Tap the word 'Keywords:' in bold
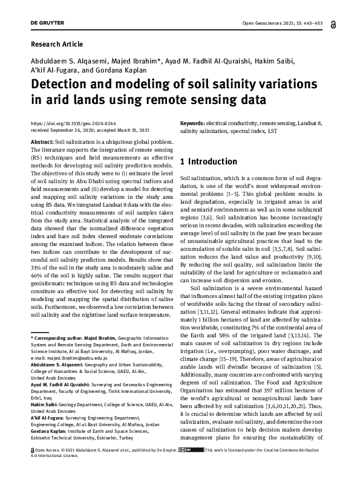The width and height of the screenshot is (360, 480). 193,123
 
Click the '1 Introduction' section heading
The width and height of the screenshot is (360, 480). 209,161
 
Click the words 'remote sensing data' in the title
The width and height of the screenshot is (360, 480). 218,99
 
